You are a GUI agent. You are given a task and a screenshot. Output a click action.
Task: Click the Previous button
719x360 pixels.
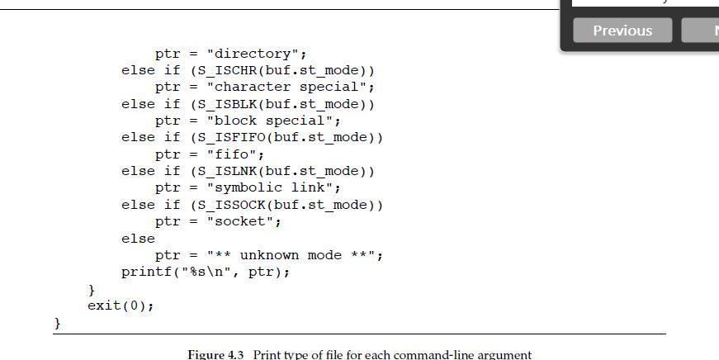coord(622,31)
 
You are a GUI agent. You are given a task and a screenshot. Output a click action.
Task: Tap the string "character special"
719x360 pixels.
coord(290,87)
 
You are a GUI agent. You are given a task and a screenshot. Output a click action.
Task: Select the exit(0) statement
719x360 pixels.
coord(121,306)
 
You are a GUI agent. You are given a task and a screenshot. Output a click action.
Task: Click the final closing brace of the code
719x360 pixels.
coord(58,323)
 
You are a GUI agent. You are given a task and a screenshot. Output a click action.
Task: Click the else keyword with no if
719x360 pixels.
coord(138,239)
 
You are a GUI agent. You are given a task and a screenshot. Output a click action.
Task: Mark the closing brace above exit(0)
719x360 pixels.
coord(92,289)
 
